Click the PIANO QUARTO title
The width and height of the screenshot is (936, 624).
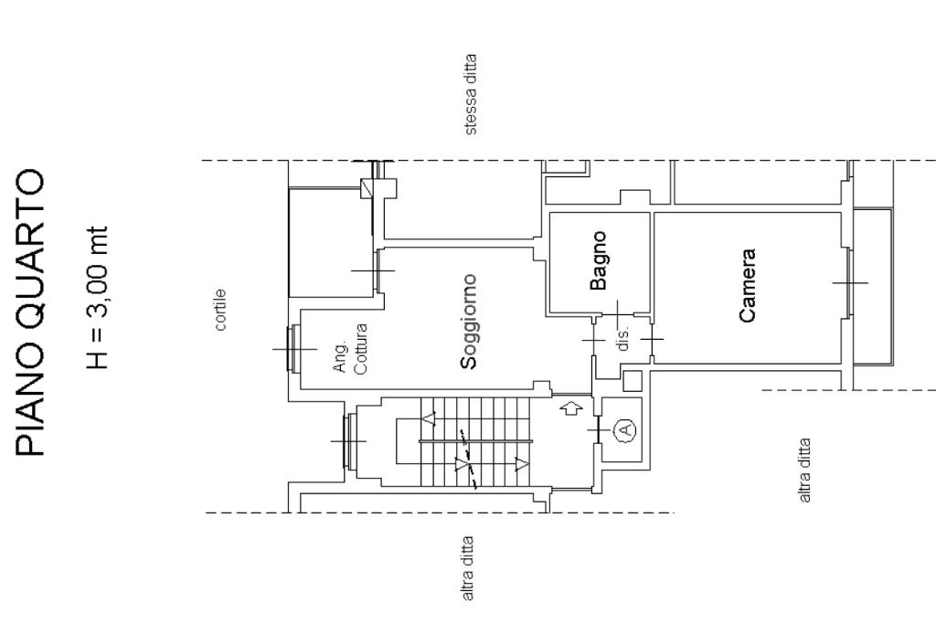tap(30, 313)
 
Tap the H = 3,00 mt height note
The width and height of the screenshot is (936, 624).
tap(97, 297)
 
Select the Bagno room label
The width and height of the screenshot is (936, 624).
tap(599, 260)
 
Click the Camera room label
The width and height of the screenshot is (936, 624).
tap(747, 285)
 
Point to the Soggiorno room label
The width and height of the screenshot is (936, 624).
tap(469, 322)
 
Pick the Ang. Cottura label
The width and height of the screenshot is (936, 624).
tap(350, 348)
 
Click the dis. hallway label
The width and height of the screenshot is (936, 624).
tap(622, 338)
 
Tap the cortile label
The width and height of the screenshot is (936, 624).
tap(220, 310)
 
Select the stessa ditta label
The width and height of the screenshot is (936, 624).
tap(471, 95)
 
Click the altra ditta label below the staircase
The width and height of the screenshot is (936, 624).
tap(467, 568)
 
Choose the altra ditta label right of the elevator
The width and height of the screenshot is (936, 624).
tap(804, 471)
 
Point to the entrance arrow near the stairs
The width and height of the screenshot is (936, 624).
tap(572, 409)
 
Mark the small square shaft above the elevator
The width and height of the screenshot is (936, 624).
tap(633, 381)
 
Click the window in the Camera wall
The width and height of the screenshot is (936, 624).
tap(848, 282)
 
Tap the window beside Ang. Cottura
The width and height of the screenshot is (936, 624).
tap(293, 348)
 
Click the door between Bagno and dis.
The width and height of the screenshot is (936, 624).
tap(617, 314)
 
